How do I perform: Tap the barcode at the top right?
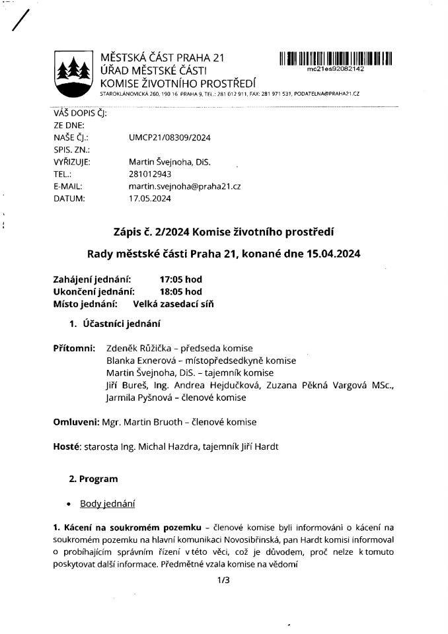click(336, 58)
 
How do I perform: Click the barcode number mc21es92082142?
click(336, 69)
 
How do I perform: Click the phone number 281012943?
click(149, 174)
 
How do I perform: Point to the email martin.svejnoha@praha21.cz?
click(184, 187)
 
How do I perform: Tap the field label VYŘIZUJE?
click(71, 162)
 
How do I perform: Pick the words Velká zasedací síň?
click(173, 304)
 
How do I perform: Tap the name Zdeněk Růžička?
click(138, 348)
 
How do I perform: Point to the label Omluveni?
click(76, 421)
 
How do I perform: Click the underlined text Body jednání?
click(107, 504)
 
